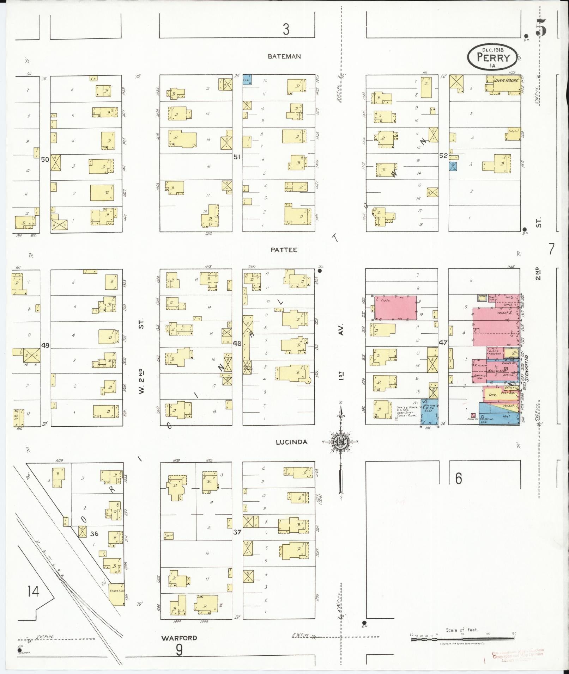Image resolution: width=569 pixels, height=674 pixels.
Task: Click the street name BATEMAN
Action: click(284, 56)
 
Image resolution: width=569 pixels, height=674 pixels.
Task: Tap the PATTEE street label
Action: click(284, 250)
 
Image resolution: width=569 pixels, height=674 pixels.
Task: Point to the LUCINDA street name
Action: click(291, 442)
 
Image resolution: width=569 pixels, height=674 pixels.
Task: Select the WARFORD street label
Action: click(179, 638)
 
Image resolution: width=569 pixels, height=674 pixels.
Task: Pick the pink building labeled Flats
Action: click(395, 307)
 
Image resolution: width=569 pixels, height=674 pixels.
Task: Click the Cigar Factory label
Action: click(495, 352)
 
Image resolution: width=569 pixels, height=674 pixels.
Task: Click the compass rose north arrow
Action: click(340, 416)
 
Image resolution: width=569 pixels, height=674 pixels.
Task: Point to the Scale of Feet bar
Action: click(462, 639)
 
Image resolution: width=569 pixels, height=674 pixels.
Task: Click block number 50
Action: click(45, 160)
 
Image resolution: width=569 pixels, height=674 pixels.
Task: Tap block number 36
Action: click(94, 534)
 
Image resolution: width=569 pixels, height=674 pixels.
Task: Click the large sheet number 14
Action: click(34, 591)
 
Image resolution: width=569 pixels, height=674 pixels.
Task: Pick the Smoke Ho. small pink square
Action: click(473, 415)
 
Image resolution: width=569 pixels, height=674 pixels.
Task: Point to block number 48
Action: click(237, 343)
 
